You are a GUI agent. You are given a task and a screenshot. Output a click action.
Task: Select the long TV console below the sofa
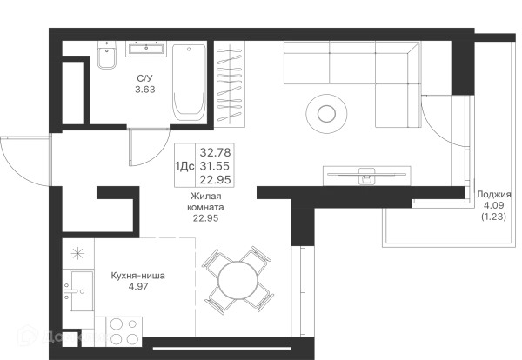click(x=368, y=171)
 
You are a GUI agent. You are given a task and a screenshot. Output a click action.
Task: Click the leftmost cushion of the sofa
click(x=304, y=68)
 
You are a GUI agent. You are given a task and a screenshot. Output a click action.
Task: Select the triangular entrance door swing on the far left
click(x=23, y=158)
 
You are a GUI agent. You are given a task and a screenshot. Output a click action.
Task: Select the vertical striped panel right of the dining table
click(x=302, y=287)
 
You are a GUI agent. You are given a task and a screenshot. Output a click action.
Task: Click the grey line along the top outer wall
click(x=261, y=23)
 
